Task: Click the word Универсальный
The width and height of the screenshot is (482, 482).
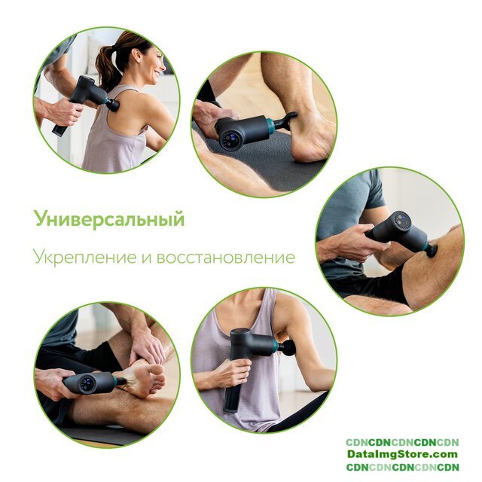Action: pyautogui.click(x=110, y=219)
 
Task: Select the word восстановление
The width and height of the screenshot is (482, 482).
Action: pyautogui.click(x=226, y=258)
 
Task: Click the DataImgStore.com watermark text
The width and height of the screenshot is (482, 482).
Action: pyautogui.click(x=402, y=454)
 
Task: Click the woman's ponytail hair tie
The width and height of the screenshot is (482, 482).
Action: pyautogui.click(x=114, y=47)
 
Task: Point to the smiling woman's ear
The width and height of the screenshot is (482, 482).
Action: pyautogui.click(x=136, y=54)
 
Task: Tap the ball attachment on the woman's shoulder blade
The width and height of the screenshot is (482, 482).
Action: pyautogui.click(x=112, y=105)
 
